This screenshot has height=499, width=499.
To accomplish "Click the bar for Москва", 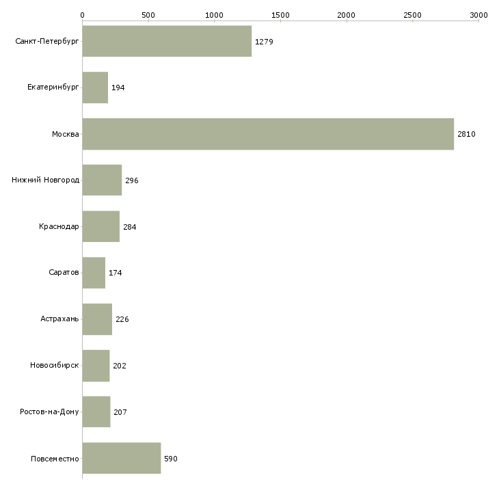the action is [x=268, y=134].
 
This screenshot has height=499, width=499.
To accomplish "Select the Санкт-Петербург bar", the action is [x=167, y=41].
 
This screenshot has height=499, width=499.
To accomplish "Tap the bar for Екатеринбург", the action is [x=95, y=87].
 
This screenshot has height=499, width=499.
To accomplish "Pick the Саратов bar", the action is [x=94, y=273].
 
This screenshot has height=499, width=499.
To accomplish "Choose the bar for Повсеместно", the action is [x=122, y=458].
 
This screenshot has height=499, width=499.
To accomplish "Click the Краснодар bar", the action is [x=101, y=226].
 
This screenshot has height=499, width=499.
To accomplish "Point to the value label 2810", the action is [x=466, y=134].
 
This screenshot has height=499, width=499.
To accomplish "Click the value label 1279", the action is [x=264, y=42].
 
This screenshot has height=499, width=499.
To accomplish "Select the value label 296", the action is [x=132, y=180].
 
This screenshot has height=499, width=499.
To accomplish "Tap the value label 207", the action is [x=120, y=412].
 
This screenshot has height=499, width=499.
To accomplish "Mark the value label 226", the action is [x=122, y=319].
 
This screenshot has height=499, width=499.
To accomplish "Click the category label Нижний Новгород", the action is [x=46, y=180].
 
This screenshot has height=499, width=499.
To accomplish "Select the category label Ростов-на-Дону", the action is [x=49, y=412].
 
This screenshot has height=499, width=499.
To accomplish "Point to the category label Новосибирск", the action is [x=55, y=365].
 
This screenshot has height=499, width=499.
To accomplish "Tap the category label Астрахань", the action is [x=59, y=319].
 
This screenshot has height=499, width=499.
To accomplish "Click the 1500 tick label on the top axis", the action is [x=280, y=15].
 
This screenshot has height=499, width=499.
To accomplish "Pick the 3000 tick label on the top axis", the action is [x=478, y=15].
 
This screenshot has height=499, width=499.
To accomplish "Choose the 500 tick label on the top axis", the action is [x=148, y=15].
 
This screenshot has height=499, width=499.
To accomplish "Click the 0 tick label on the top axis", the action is [x=83, y=15].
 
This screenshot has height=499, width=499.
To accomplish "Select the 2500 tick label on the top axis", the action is [x=412, y=15].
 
